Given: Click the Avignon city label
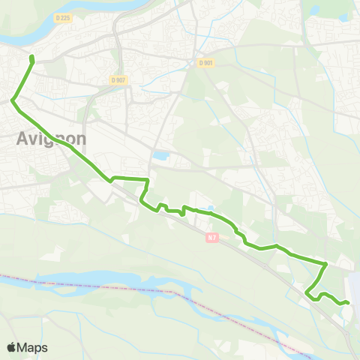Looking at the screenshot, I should point(51,139).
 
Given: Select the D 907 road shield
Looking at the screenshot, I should point(117,79).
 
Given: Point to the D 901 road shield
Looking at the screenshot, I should point(207,63).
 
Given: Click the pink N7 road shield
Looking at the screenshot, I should point(213,237).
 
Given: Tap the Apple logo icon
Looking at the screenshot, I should point(11,347).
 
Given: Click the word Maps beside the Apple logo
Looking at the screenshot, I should point(34,347).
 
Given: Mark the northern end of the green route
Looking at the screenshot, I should point(31,57).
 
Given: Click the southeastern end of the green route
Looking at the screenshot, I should point(348,301).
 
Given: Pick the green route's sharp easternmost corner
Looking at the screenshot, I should point(326,264).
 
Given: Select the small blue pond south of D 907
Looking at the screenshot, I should point(160,157).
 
